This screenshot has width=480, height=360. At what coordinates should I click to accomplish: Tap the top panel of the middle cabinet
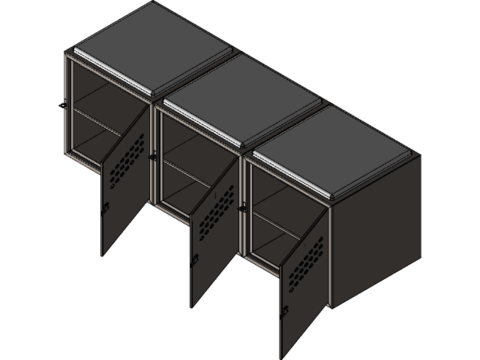pyautogui.click(x=240, y=97)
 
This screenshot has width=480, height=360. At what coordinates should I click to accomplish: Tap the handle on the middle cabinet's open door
pyautogui.click(x=194, y=259)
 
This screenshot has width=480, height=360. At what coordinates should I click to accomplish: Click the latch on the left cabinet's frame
pyautogui.click(x=65, y=103)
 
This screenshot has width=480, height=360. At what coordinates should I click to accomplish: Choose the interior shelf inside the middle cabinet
pyautogui.click(x=187, y=169)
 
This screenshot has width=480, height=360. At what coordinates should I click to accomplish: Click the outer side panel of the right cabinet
pyautogui.click(x=375, y=232)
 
